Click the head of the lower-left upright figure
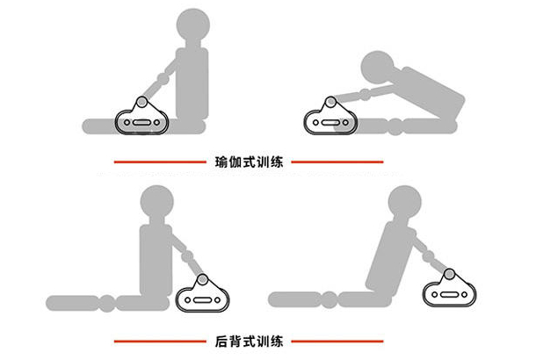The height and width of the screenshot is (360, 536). click(x=155, y=204)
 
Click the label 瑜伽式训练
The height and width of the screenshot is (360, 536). click(x=249, y=162)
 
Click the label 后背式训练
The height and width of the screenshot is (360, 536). click(x=249, y=340)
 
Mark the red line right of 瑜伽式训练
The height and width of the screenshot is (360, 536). click(x=337, y=162)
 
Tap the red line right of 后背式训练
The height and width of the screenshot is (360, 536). click(x=337, y=340)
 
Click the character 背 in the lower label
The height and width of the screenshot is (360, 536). click(x=235, y=340)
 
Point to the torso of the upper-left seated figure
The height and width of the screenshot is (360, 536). click(x=193, y=83)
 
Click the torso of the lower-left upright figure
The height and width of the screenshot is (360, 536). click(x=156, y=259)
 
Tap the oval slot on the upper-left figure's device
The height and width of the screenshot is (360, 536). click(x=141, y=123)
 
